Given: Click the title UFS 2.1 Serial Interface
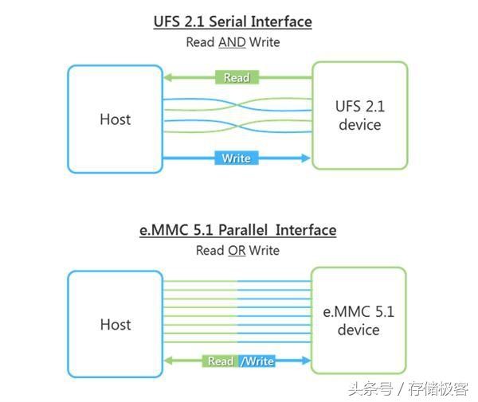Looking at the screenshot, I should tap(232, 21).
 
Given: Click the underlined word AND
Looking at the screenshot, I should tap(232, 41).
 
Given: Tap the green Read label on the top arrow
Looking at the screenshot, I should tap(236, 77).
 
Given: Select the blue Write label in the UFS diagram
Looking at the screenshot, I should tap(236, 158).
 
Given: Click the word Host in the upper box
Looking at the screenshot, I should tap(115, 119).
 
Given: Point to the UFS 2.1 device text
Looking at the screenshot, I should tap(359, 116).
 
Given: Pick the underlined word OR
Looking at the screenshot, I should tap(237, 250).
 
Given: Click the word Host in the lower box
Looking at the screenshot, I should tap(115, 324).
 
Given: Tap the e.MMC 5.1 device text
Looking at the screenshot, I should tap(358, 320).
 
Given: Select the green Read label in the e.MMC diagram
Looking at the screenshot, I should tap(220, 361).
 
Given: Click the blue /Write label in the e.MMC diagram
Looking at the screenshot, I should tap(257, 361).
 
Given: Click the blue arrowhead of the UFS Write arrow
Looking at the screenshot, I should tap(305, 158).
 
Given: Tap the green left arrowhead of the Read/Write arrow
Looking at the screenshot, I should tap(167, 361).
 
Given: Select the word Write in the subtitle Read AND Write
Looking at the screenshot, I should tap(264, 41).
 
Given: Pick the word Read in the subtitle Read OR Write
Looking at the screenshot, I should tap(210, 250).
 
